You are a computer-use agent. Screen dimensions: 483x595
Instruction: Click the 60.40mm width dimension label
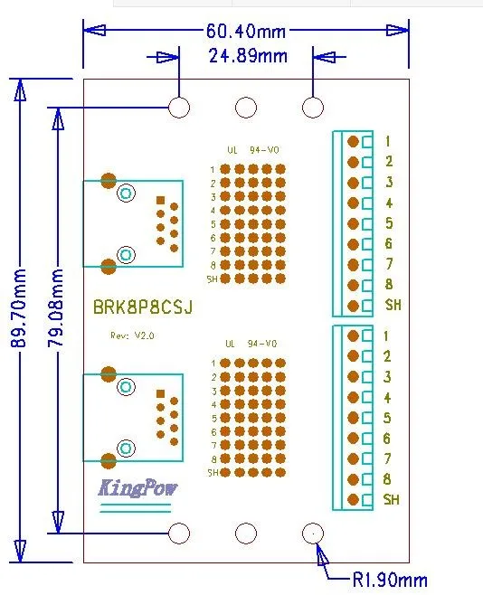[246, 31]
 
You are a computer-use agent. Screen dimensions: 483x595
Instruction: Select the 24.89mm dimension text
[248, 56]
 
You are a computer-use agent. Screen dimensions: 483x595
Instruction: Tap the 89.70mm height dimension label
[18, 308]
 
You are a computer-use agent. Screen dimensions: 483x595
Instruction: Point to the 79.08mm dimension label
[55, 307]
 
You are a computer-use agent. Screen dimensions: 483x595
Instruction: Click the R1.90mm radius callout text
[390, 580]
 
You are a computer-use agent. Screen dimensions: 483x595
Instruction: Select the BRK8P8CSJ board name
[143, 307]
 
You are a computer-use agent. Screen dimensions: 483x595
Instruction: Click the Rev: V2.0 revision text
[132, 335]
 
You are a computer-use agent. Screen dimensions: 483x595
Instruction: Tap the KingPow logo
[137, 488]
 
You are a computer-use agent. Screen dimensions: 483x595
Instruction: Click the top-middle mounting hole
[246, 108]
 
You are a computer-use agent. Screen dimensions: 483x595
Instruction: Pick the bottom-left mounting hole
[179, 534]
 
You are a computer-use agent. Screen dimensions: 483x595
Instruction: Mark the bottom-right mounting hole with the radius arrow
[313, 534]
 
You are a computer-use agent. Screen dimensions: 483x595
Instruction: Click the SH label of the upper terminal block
[393, 305]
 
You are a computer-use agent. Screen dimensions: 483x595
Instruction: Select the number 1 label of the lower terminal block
[386, 335]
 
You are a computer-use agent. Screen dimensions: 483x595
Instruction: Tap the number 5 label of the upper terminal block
[389, 222]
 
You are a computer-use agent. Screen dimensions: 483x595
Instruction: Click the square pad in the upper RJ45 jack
[160, 200]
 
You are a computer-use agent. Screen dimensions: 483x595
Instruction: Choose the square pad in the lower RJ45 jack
[160, 393]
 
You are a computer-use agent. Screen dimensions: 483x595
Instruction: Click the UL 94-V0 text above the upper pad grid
[253, 150]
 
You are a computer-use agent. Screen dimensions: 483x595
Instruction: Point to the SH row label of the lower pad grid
[213, 473]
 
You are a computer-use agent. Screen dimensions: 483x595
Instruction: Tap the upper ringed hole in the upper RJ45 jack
[126, 194]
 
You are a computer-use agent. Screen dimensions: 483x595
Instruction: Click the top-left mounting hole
[179, 108]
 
